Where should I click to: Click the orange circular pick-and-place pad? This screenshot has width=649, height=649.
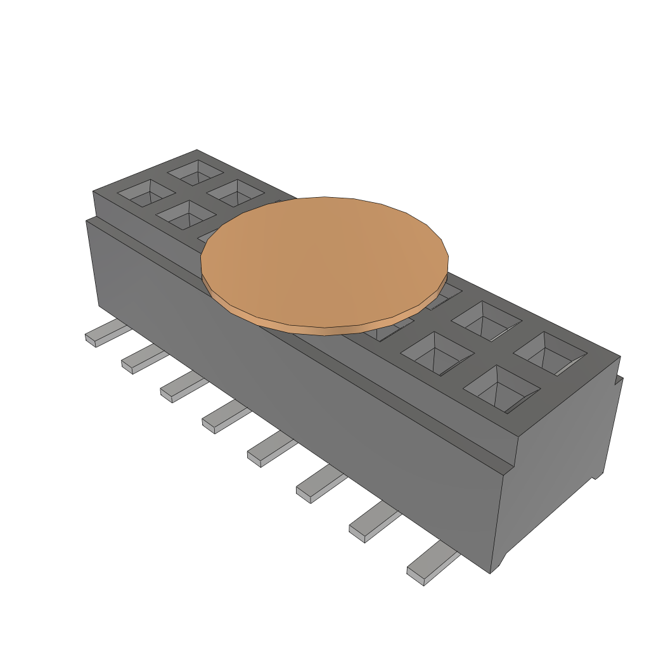[324, 260]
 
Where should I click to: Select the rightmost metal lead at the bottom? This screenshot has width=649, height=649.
[431, 565]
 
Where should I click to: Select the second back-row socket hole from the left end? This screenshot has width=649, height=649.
[234, 191]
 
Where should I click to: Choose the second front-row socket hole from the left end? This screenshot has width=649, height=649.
[186, 215]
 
